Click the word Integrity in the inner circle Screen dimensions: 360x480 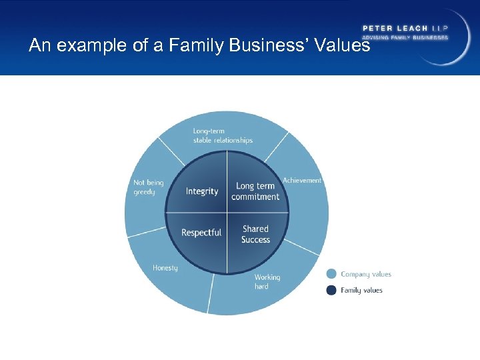[x=202, y=191]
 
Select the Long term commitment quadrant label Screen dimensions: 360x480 [x=255, y=191]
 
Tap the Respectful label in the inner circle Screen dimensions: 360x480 [x=201, y=233]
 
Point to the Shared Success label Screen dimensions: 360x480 [x=255, y=234]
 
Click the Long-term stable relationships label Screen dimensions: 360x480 [x=223, y=135]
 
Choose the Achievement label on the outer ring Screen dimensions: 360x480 [x=302, y=180]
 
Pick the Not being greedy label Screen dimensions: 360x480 [x=148, y=187]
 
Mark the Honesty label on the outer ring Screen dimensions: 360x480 [x=165, y=268]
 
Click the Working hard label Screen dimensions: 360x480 [x=267, y=281]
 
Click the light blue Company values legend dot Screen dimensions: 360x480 [x=331, y=274]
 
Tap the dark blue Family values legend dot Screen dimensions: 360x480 [x=331, y=290]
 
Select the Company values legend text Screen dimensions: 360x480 [x=366, y=274]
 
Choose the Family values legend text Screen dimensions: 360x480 [x=361, y=290]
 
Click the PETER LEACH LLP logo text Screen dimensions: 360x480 [x=405, y=28]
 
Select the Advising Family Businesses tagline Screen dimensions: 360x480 [x=405, y=37]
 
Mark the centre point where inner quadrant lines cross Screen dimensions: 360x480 [x=227, y=213]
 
